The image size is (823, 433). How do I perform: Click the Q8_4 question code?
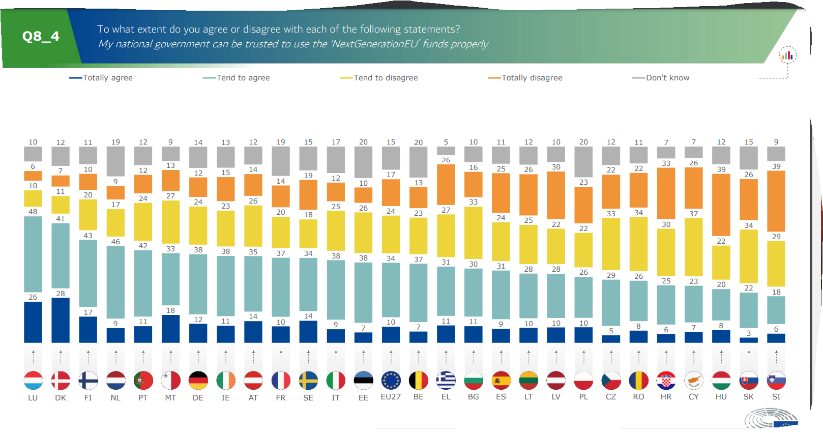click(x=41, y=37)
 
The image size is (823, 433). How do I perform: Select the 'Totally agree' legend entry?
click(x=101, y=78)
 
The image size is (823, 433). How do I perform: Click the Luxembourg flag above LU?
click(x=33, y=380)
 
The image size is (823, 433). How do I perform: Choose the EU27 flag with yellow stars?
click(x=391, y=380)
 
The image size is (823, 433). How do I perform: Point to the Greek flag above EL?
click(x=446, y=380)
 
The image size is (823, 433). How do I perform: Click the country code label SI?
click(x=776, y=397)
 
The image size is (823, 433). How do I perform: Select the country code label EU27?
click(x=391, y=397)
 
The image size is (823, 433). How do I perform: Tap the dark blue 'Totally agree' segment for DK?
click(x=61, y=321)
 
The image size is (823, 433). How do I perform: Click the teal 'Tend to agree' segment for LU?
click(x=33, y=254)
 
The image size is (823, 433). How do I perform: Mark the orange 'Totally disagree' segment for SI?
click(x=776, y=201)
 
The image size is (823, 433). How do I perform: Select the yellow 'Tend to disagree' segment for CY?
click(x=693, y=247)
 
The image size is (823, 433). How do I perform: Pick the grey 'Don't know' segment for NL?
click(x=115, y=161)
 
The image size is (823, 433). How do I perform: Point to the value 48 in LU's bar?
click(x=33, y=212)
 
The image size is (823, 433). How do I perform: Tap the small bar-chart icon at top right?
click(x=787, y=55)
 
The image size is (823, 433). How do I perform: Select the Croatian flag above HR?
click(x=666, y=380)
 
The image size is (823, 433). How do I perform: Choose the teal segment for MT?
click(x=170, y=279)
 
